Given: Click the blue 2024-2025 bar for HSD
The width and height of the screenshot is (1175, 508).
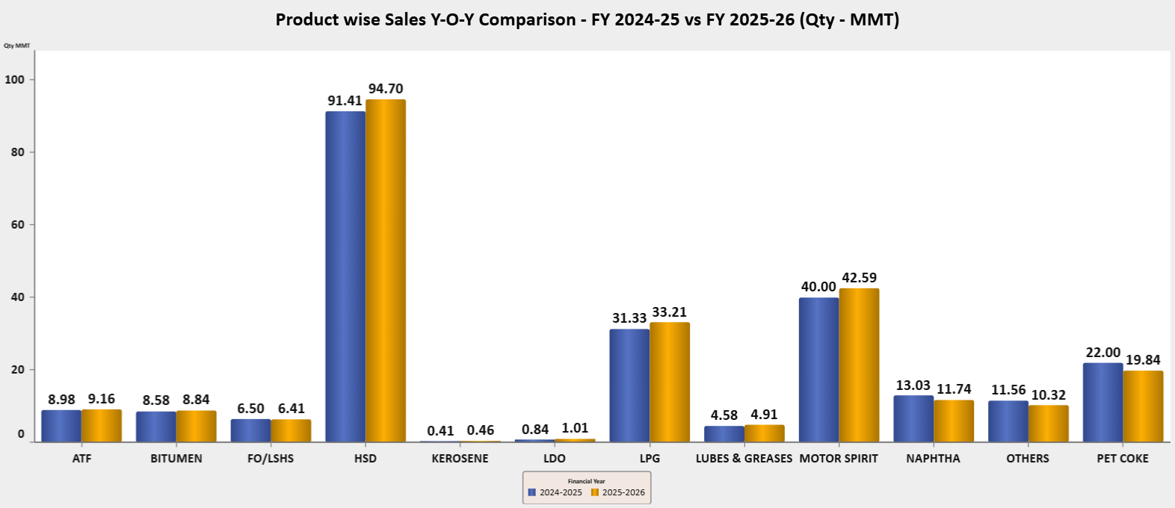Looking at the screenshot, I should point(345,276).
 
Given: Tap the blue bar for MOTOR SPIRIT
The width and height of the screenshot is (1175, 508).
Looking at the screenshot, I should point(818,370).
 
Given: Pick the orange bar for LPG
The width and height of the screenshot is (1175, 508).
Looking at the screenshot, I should point(670,382).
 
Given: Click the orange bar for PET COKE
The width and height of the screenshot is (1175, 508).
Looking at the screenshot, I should point(1143,406).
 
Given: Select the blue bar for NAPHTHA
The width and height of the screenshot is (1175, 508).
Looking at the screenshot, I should point(913,418).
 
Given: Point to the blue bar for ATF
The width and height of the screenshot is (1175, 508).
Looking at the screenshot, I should point(61,426).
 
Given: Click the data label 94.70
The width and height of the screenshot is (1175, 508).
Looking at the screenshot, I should point(386,89).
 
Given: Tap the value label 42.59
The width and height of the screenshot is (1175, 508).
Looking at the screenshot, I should point(860,278).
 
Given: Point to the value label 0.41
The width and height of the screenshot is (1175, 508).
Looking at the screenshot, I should point(441,431).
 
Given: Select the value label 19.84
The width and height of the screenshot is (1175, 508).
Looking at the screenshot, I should point(1143,360).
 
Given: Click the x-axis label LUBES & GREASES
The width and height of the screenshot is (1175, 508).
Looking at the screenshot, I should point(744,459).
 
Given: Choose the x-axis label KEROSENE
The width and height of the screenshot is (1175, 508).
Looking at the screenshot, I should point(460,459).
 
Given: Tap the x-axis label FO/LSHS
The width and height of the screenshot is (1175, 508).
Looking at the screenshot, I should point(271,459).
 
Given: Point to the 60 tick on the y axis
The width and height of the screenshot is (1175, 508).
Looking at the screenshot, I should point(17,224).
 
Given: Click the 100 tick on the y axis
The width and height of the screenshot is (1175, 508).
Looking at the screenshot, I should point(15,79).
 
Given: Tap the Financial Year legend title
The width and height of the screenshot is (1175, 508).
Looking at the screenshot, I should point(587,481).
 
